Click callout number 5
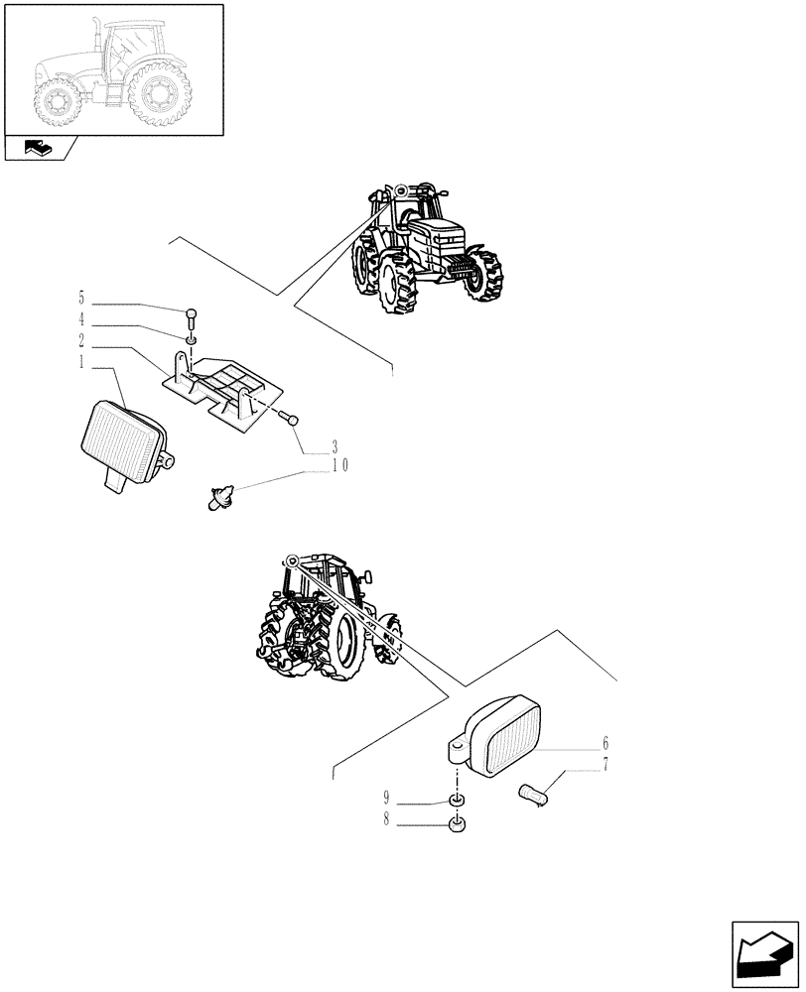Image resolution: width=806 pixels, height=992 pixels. tap(80, 297)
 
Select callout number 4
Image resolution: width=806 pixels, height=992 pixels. tap(80, 319)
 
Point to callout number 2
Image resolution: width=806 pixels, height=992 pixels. tap(80, 341)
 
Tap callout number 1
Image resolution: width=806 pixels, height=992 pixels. tap(80, 364)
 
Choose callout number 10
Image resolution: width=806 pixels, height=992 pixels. tap(340, 466)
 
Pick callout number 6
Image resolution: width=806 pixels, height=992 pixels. tap(605, 744)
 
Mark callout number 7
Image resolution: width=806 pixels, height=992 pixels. tap(605, 766)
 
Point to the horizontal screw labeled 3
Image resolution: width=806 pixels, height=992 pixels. tap(289, 419)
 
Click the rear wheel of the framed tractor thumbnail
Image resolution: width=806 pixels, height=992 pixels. tap(156, 96)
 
